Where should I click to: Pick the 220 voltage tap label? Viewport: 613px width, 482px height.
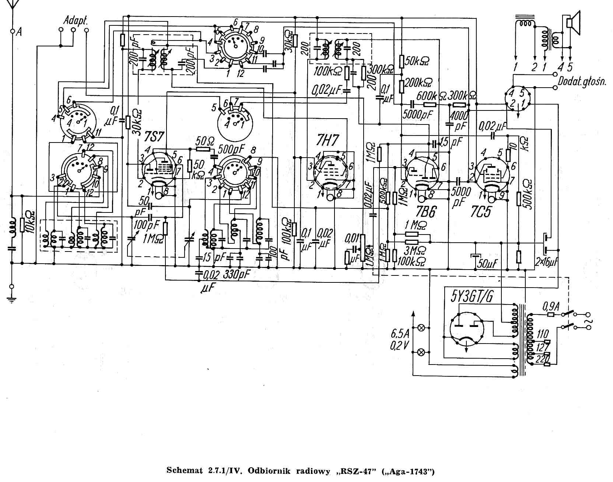541,359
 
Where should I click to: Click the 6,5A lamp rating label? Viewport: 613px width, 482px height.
399,336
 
